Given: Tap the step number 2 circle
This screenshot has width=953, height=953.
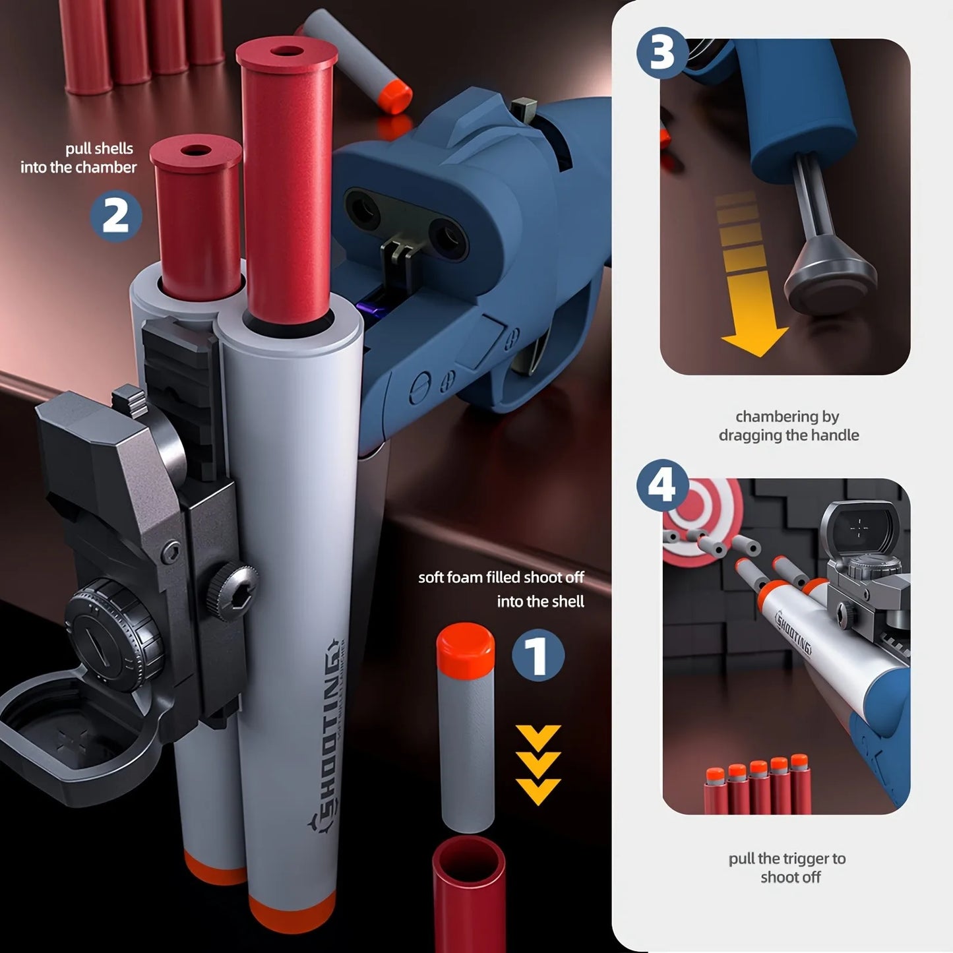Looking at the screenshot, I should pyautogui.click(x=115, y=216).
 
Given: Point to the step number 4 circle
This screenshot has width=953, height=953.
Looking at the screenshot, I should pyautogui.click(x=661, y=486).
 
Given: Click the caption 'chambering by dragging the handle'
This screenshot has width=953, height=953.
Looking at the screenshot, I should pyautogui.click(x=788, y=426).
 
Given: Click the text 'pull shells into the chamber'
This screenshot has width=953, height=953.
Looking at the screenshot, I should pyautogui.click(x=79, y=158).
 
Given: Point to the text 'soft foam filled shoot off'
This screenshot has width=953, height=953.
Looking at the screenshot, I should pyautogui.click(x=501, y=578).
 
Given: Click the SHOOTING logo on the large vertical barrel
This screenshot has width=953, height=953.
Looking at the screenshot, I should pyautogui.click(x=330, y=732).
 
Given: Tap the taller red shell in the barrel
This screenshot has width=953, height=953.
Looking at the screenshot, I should pyautogui.click(x=288, y=178).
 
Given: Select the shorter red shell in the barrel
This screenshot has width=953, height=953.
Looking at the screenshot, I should pyautogui.click(x=196, y=218).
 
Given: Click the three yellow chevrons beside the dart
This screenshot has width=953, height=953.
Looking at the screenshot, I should pyautogui.click(x=538, y=765).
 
